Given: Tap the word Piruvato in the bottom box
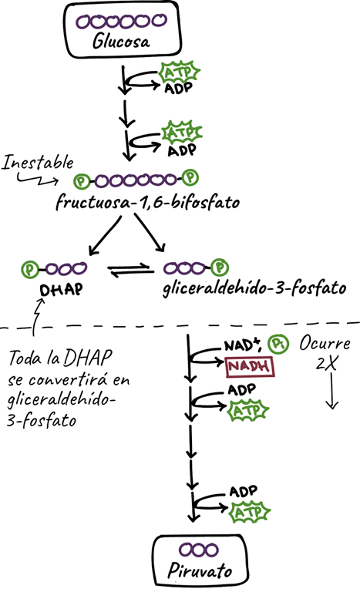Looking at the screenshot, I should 200,573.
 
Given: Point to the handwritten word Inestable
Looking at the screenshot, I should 38,163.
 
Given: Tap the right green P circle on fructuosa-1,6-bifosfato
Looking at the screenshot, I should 191,180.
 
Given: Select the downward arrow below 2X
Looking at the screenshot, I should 331,395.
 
